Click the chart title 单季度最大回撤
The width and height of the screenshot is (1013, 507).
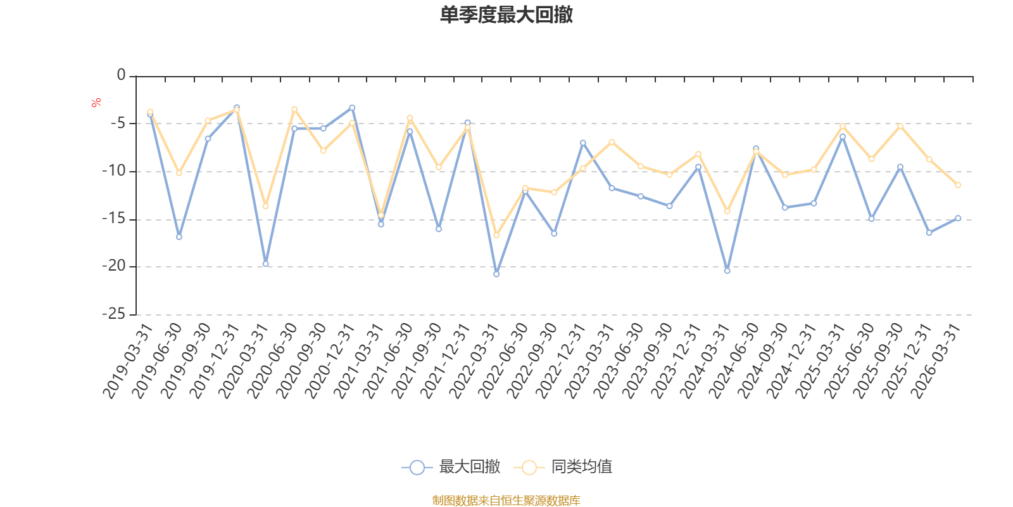507,15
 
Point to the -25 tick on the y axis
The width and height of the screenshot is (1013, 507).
114,314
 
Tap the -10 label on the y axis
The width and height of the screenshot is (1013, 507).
114,171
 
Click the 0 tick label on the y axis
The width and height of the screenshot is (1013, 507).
121,75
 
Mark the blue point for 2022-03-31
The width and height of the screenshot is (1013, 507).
496,274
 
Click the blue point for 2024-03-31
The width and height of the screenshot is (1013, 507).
727,271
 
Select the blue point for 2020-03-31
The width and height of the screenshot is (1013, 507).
265,264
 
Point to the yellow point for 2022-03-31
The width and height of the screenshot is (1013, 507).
496,235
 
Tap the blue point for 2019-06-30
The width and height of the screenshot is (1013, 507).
179,237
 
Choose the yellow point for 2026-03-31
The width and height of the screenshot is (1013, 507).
958,185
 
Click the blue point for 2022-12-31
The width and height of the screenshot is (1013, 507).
583,143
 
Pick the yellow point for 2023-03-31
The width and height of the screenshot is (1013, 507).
612,142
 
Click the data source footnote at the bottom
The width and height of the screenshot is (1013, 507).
507,501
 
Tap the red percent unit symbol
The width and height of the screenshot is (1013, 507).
96,103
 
